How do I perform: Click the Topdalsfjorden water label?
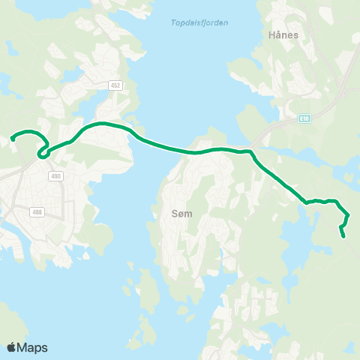click(194, 22)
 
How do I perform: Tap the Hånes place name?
click(284, 34)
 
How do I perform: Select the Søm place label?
click(181, 214)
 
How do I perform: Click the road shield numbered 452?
click(115, 85)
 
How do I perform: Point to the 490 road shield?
click(55, 176)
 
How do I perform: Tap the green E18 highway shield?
click(304, 118)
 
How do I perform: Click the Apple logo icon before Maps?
click(12, 347)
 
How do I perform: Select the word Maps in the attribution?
click(33, 347)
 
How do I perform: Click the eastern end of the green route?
click(343, 236)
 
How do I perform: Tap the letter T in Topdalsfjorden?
click(163, 22)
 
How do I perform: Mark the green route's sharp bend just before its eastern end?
click(347, 215)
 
